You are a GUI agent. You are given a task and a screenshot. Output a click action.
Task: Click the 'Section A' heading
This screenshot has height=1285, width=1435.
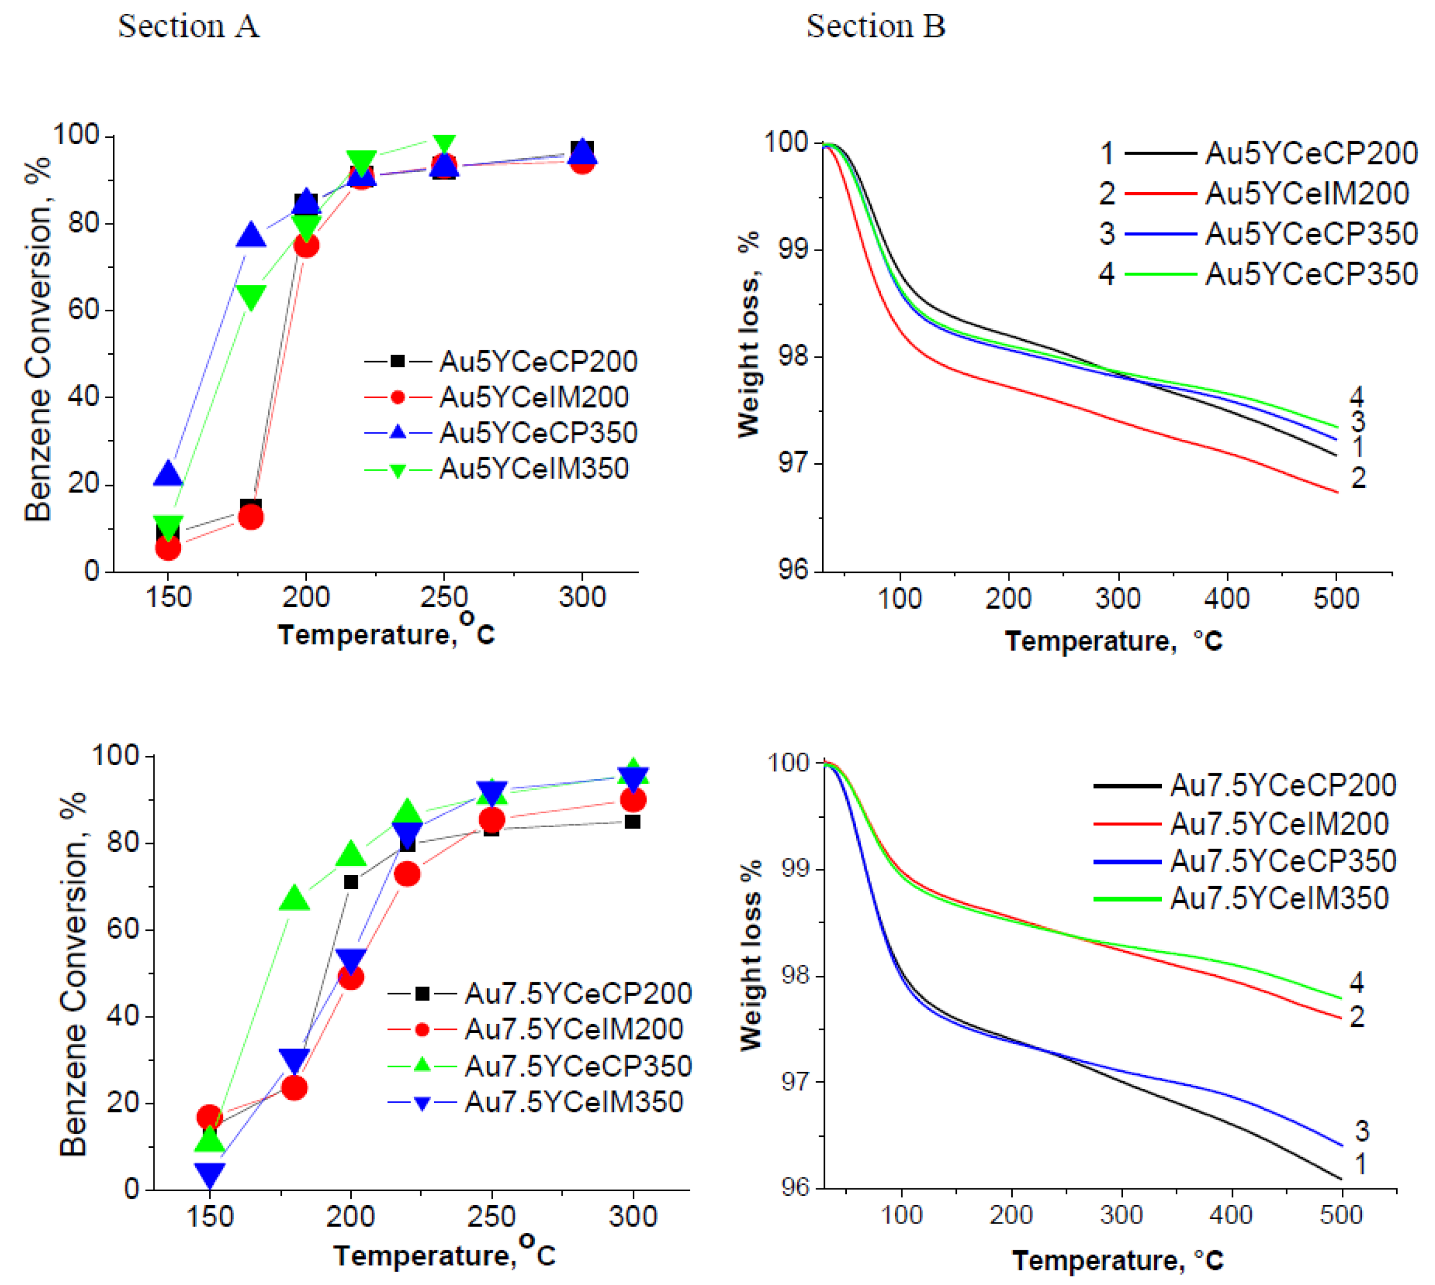[189, 27]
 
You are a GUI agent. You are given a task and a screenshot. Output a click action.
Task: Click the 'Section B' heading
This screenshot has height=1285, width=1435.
[875, 27]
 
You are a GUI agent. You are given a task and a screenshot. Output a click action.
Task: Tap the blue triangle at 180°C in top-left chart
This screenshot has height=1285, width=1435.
[251, 236]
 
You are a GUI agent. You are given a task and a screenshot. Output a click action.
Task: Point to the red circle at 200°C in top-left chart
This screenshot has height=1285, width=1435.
[306, 245]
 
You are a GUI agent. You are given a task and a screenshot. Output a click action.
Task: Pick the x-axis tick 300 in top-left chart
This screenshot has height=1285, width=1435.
[582, 598]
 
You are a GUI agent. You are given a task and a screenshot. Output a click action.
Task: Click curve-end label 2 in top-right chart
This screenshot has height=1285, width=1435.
[1358, 479]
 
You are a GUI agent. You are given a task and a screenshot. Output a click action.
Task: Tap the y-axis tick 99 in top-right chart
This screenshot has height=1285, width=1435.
[793, 250]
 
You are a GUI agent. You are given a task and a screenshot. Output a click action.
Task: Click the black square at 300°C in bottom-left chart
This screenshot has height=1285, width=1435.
[633, 822]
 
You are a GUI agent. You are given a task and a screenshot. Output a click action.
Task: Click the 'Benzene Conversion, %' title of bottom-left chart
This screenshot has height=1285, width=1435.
[74, 974]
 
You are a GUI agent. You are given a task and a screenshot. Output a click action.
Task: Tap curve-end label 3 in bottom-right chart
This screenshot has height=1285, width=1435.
[1362, 1132]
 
